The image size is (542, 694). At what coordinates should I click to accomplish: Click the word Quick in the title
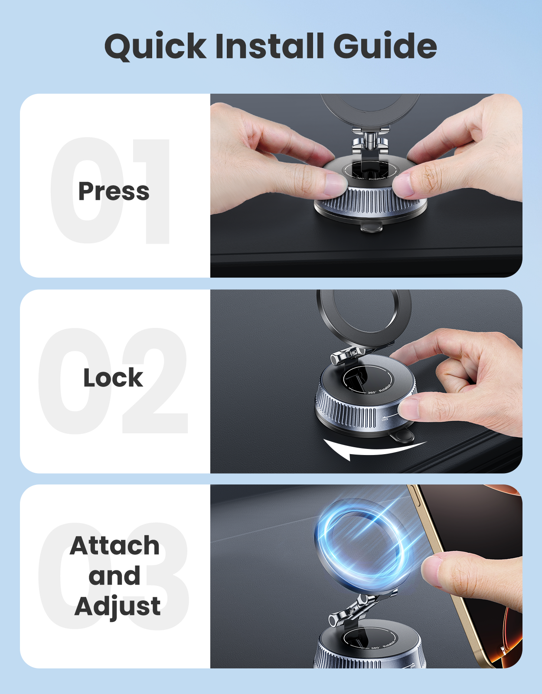coord(155,46)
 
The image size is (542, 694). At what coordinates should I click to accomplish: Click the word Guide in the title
coord(385,46)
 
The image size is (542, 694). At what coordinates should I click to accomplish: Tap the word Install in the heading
coord(269,46)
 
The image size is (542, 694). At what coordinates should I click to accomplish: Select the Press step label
coord(114,191)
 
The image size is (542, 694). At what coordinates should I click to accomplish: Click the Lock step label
coord(113,378)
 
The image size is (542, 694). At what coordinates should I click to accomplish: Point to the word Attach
coord(115,545)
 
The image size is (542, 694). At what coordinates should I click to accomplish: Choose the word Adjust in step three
coord(118,606)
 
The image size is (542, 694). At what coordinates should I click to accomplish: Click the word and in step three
coord(114,576)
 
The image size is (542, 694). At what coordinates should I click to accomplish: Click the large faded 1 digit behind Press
coord(154,191)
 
